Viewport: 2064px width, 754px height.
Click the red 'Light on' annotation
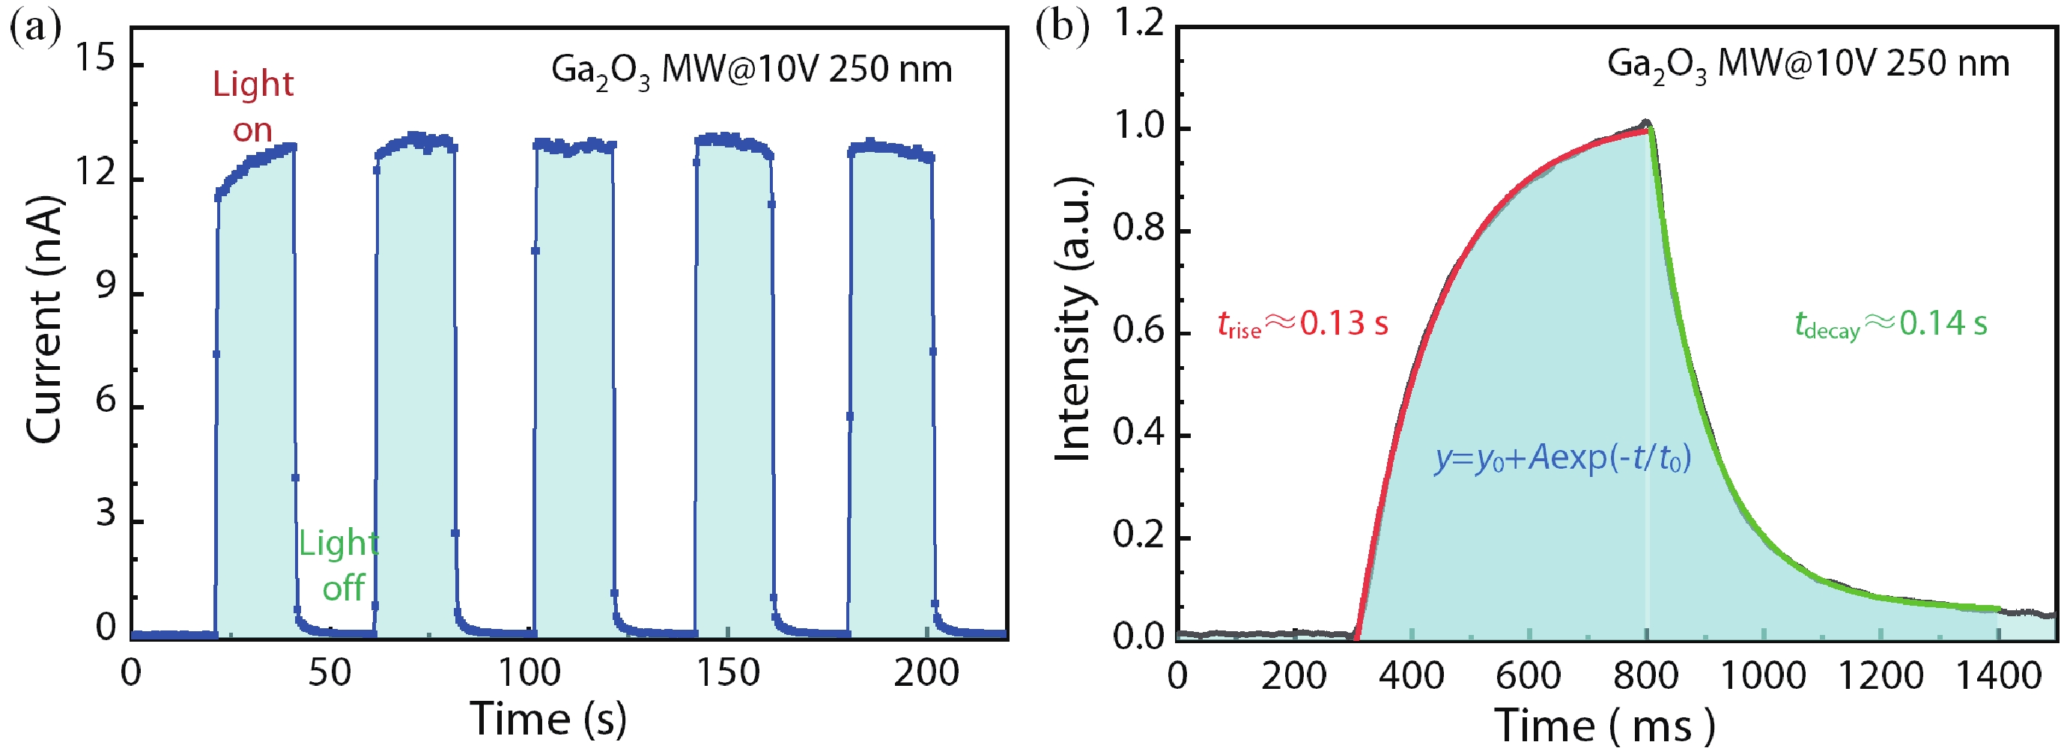click(252, 106)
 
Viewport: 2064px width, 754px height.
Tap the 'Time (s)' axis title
click(548, 718)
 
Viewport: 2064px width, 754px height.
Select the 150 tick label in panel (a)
click(726, 673)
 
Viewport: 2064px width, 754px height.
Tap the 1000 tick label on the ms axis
click(1763, 675)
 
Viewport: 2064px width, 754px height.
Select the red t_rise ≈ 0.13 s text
click(1302, 323)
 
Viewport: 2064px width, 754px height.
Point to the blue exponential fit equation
click(1562, 458)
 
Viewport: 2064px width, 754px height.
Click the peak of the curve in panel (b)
click(1647, 124)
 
